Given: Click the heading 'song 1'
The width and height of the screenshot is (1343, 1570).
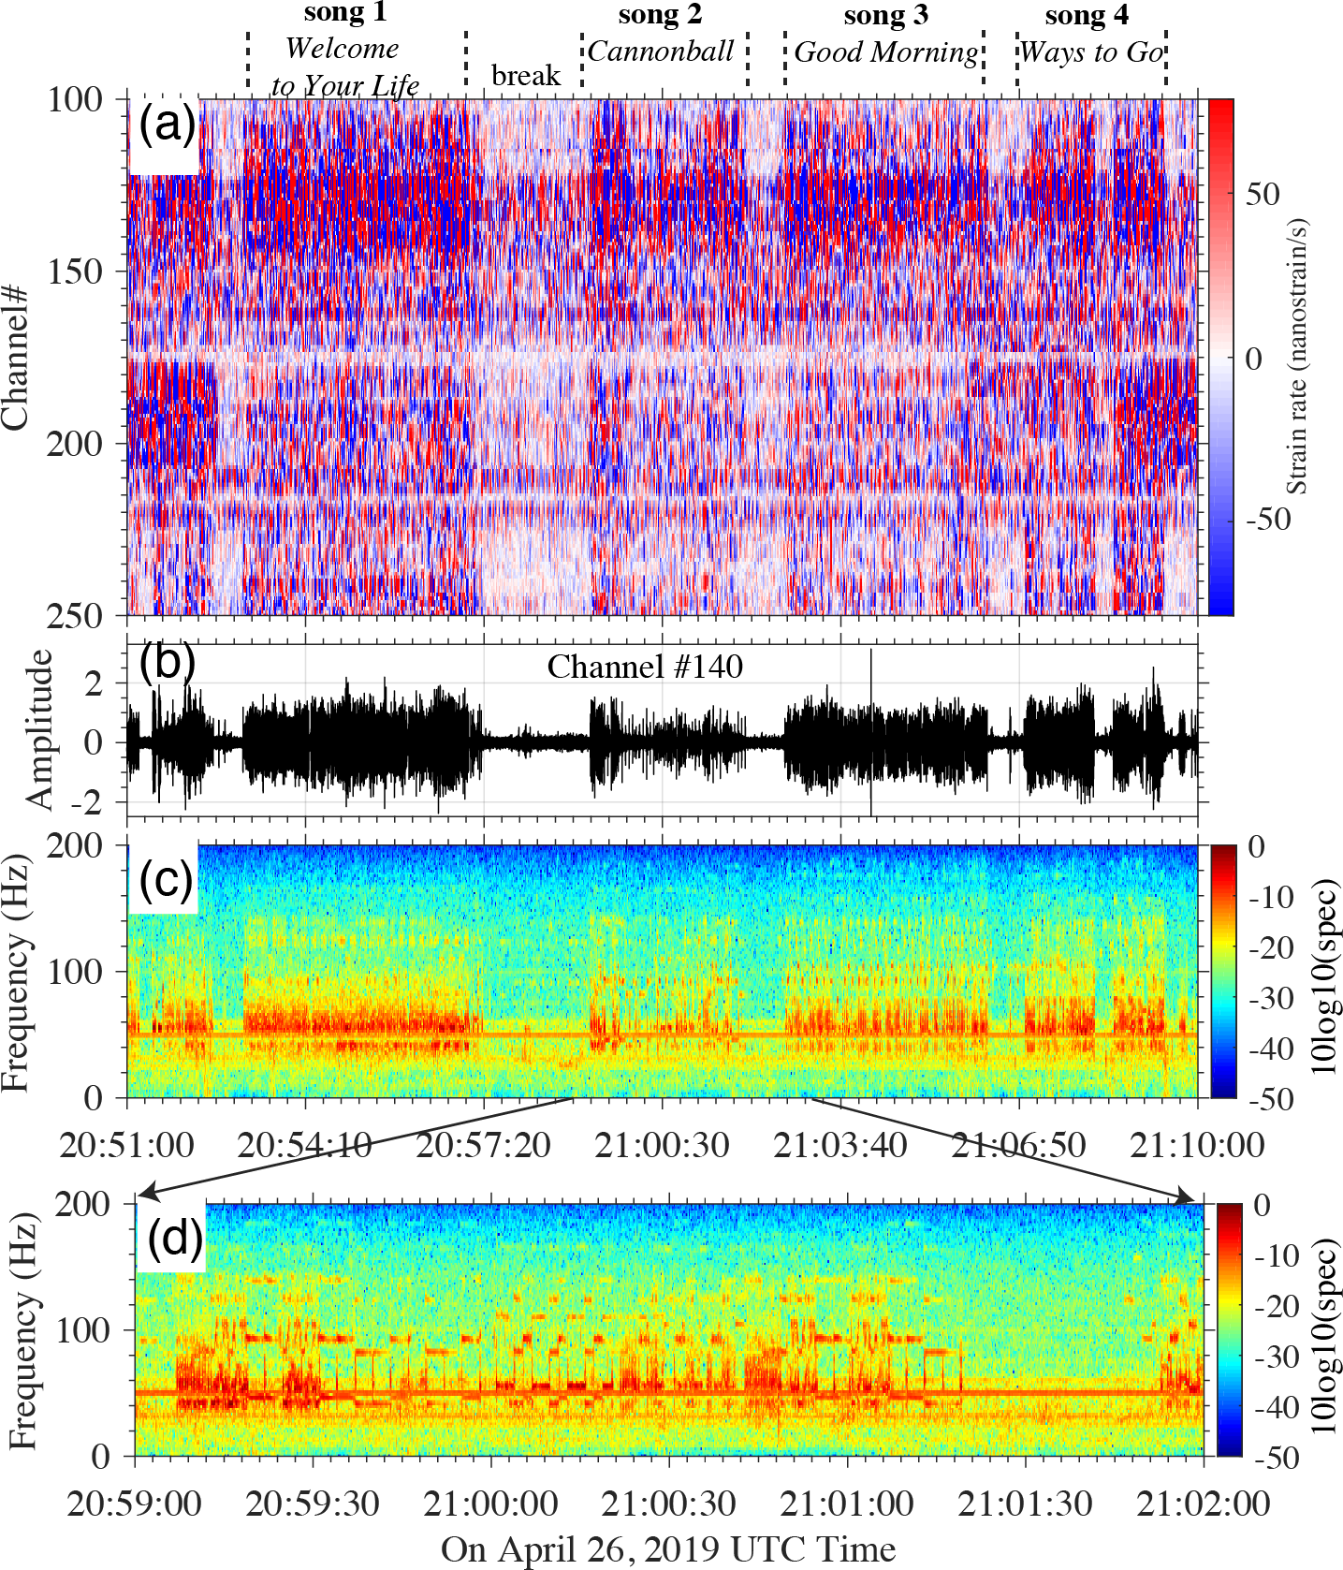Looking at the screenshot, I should point(344,13).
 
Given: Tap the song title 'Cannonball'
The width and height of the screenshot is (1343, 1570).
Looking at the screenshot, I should point(661,51).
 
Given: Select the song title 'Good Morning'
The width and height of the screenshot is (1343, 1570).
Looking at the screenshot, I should point(886,51).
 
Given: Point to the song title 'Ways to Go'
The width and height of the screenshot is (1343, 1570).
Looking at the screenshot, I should point(1091,51).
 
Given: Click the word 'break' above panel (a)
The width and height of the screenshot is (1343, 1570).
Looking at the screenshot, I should point(526,75).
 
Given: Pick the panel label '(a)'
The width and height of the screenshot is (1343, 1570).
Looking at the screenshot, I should point(167,123).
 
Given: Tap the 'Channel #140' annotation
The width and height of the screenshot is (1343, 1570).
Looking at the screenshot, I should point(645,667).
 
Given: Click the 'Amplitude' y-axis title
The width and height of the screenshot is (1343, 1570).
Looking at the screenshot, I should point(40,728).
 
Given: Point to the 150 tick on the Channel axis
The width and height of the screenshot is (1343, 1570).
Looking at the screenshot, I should point(76,271).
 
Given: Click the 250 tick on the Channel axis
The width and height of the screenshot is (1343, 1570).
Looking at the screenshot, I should point(76,615).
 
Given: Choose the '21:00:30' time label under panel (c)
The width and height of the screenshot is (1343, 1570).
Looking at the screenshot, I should point(662,1145).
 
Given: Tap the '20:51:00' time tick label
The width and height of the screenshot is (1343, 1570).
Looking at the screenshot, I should point(126,1145).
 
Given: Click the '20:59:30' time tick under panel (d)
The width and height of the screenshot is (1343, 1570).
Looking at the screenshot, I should point(313,1504).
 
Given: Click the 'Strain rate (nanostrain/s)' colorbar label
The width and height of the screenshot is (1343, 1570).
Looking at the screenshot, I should point(1296,358).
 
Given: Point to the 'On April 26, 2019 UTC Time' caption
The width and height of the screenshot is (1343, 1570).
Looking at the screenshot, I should point(668,1549).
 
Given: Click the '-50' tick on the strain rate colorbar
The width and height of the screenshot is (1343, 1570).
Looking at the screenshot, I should point(1268,519).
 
